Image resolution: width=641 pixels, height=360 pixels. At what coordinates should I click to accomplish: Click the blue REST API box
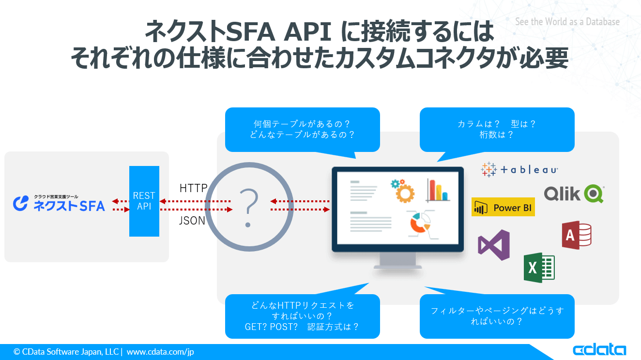point(144,201)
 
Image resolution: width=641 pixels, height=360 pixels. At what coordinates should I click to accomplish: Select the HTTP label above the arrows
point(193,188)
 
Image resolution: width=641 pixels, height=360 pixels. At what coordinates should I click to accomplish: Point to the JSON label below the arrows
point(192,221)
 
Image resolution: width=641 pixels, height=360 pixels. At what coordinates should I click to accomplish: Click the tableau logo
point(519,169)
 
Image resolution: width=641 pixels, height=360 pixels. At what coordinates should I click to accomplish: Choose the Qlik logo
point(574,194)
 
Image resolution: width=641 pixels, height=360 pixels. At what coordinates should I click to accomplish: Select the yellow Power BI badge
point(503,208)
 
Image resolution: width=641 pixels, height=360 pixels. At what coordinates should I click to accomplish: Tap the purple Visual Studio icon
point(494,245)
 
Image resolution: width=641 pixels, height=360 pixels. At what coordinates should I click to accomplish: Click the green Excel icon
point(539,268)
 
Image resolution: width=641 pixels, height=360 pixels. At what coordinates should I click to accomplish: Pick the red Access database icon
point(576,236)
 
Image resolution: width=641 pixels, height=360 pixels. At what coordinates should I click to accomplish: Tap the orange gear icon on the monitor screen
point(402,190)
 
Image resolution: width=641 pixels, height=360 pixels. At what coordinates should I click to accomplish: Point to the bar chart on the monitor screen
point(438,190)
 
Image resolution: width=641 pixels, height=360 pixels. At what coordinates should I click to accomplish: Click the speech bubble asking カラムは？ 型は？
point(497,129)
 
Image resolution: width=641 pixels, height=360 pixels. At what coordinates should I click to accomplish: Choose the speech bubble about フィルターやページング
point(497,316)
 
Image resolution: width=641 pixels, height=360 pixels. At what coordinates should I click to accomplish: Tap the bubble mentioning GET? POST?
point(302,316)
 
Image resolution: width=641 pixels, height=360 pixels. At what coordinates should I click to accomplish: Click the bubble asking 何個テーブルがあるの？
point(302,129)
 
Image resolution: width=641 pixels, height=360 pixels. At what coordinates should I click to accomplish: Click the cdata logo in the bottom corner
point(599,350)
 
